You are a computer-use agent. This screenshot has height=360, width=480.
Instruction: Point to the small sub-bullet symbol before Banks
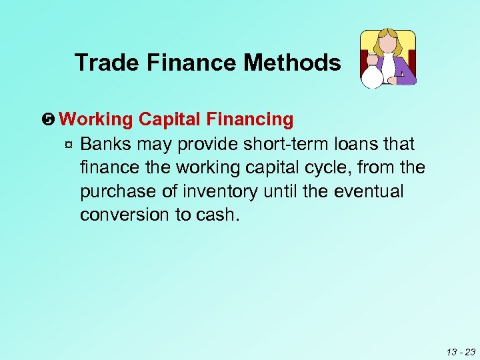point(69,144)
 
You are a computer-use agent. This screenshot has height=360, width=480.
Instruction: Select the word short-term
point(283,144)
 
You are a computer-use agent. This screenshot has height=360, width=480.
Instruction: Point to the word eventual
point(369,192)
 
